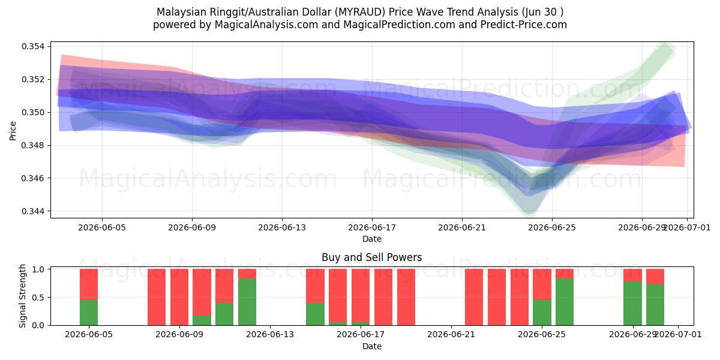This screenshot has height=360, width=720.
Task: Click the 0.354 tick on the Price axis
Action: point(33,47)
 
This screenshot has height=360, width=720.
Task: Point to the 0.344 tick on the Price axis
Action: point(33,211)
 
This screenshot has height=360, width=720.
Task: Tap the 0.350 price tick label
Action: point(33,113)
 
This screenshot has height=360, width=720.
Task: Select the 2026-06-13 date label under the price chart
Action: point(282,227)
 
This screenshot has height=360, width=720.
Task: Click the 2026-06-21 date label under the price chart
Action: point(462,227)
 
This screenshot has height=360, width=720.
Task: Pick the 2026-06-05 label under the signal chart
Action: point(89,335)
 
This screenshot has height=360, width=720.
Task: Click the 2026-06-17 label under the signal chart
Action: point(361,335)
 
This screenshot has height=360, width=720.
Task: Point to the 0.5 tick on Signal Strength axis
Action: point(38,298)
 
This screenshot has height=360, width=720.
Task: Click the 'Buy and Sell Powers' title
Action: point(372,257)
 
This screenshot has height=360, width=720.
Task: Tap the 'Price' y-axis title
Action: point(13,131)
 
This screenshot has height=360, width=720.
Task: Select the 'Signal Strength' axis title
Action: point(22,296)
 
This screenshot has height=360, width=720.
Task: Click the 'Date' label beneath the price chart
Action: point(372,239)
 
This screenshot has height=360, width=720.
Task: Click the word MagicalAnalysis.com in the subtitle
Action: point(266,25)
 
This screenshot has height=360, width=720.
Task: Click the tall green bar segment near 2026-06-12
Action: point(247,302)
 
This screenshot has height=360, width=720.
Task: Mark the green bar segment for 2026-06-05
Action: point(89,313)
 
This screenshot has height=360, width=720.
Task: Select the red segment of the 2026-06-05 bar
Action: point(89,284)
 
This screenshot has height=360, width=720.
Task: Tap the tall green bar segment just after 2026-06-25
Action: point(565,302)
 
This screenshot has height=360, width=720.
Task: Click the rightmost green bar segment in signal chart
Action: point(655,305)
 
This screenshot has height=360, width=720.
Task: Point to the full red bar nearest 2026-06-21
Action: point(474,297)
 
